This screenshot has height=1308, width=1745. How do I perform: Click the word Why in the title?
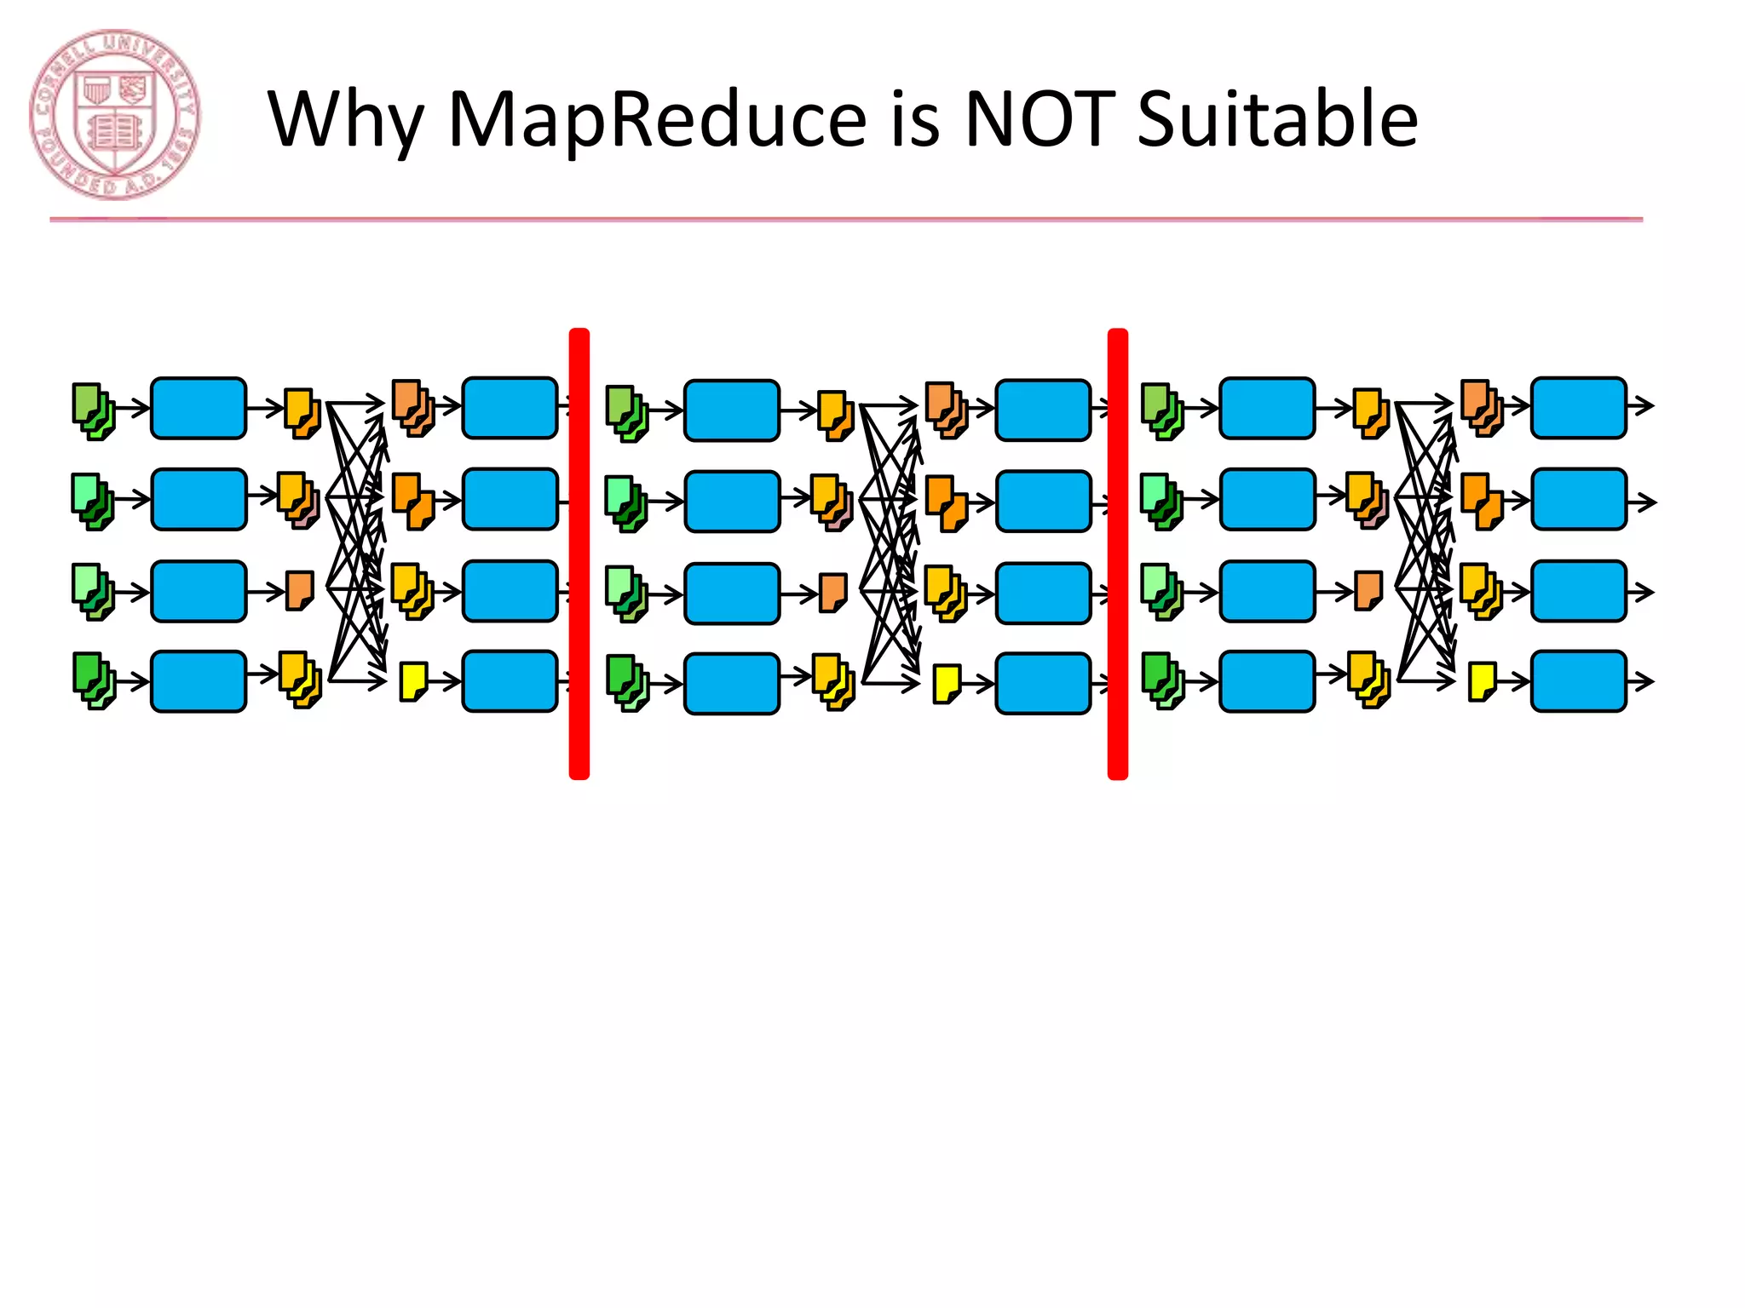(345, 121)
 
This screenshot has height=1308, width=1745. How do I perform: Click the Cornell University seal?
(115, 115)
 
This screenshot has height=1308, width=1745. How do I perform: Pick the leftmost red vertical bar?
(579, 554)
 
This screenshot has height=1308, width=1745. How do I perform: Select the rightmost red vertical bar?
(1117, 554)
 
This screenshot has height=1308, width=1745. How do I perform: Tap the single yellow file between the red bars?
(947, 684)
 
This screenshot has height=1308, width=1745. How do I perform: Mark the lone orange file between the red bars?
(833, 593)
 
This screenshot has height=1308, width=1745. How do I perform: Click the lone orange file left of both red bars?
(300, 590)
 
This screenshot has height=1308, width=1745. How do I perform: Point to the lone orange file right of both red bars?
(1368, 590)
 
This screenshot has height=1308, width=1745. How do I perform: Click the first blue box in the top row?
(199, 409)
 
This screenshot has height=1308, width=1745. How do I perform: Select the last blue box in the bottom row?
(1578, 681)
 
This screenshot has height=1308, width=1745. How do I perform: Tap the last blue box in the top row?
(1578, 408)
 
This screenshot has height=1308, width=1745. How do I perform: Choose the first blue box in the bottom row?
(199, 681)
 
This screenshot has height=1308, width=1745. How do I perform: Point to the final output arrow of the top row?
(1643, 406)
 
